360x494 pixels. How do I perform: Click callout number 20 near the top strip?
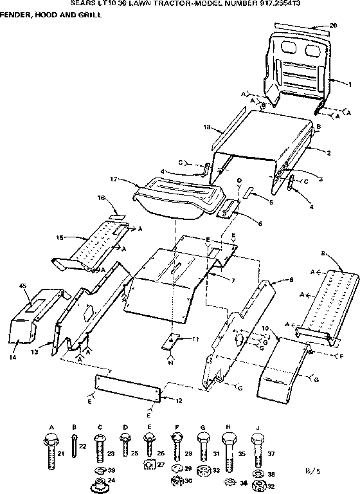coord(333,25)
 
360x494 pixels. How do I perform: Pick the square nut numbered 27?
coord(150,464)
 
